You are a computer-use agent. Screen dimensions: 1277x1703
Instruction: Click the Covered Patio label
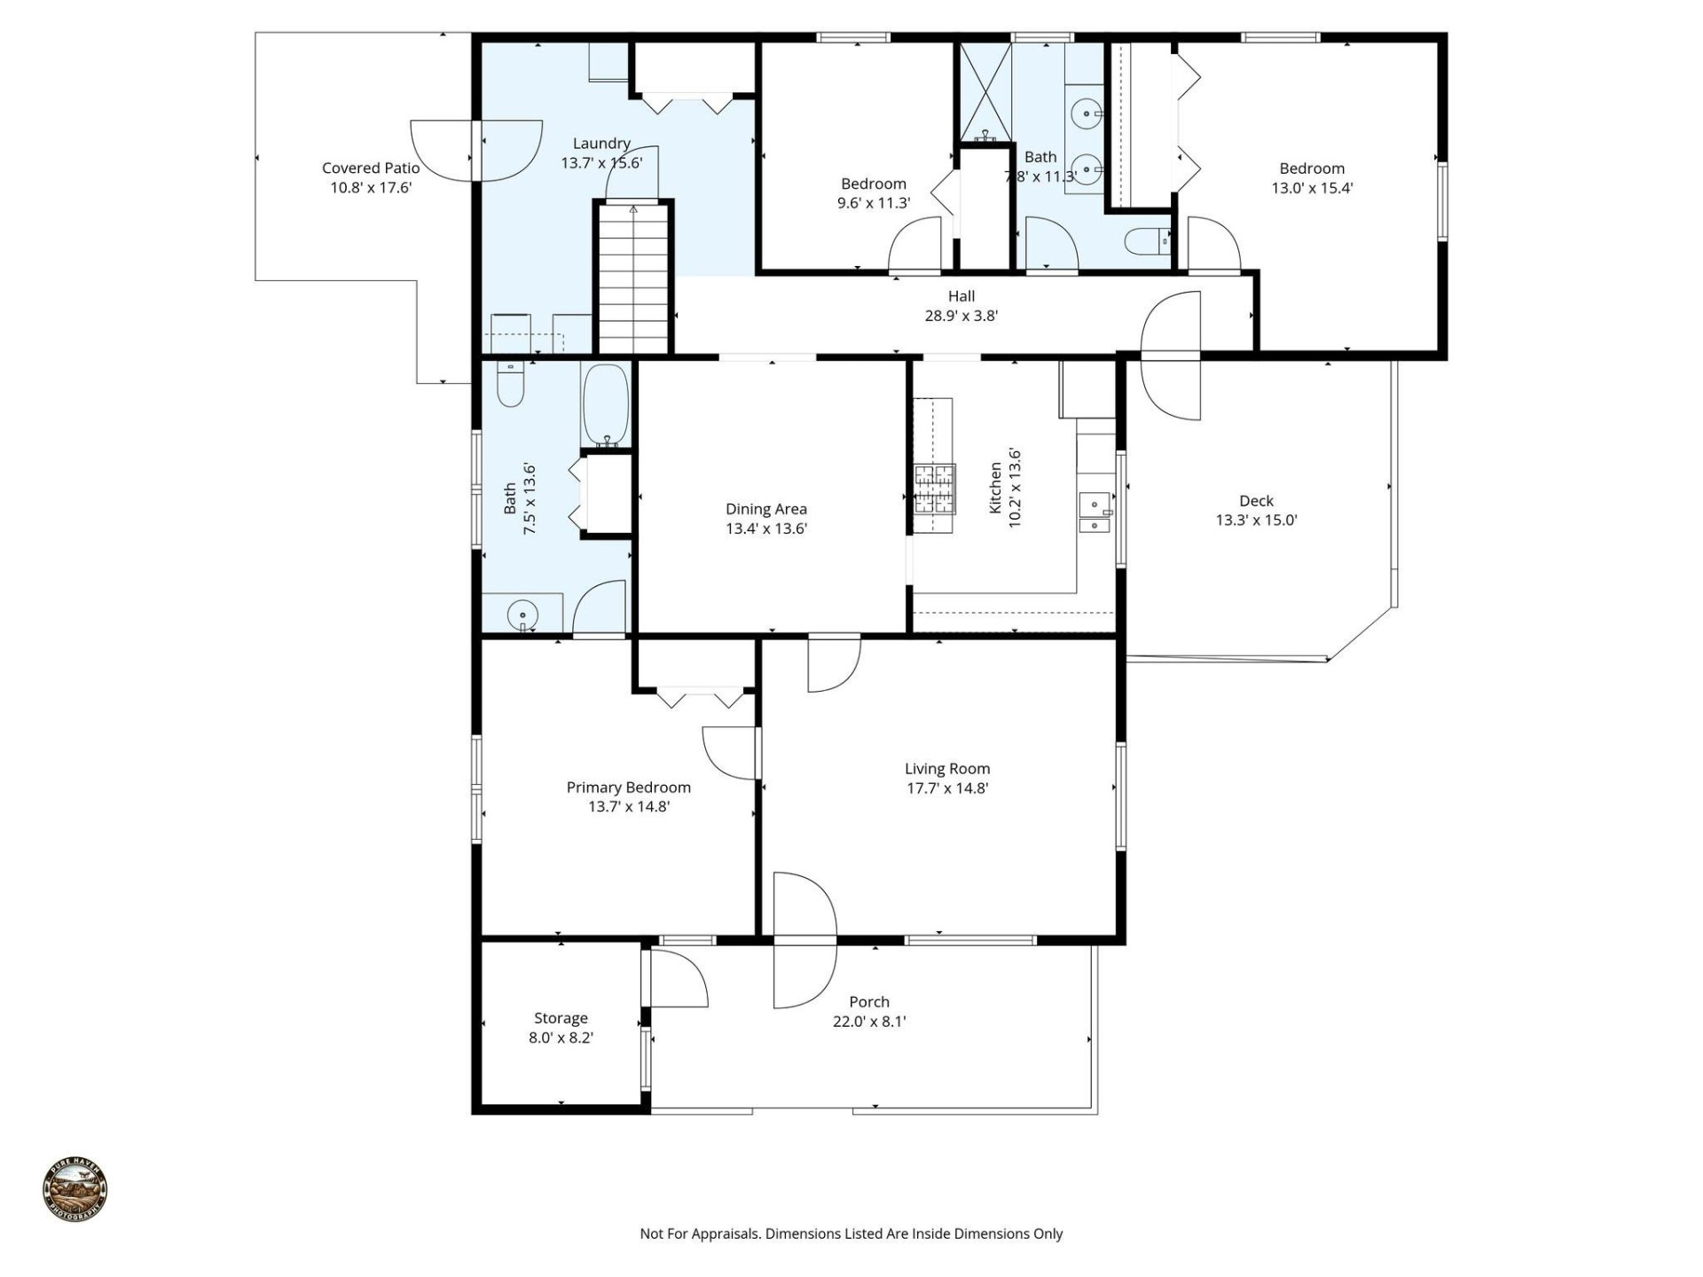click(x=371, y=168)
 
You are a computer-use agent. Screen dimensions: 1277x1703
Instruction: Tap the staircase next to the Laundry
click(x=633, y=279)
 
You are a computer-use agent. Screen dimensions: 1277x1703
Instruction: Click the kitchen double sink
click(x=1096, y=513)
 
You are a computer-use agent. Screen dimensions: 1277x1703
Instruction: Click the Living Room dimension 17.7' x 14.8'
click(x=947, y=788)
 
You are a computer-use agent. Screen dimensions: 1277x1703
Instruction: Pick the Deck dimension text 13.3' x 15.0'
click(x=1256, y=521)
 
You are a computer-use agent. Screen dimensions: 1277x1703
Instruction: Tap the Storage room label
click(x=561, y=1018)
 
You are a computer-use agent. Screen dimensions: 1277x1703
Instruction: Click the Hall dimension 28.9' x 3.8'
click(x=961, y=316)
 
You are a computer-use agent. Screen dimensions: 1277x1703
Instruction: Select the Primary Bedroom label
click(x=628, y=787)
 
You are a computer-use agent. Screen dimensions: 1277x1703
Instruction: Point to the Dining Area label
click(x=766, y=509)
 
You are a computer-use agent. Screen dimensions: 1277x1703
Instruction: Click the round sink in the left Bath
click(x=522, y=614)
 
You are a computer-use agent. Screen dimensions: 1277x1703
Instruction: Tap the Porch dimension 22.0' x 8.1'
click(x=869, y=1022)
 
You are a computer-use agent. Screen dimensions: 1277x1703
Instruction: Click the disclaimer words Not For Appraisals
click(x=700, y=1234)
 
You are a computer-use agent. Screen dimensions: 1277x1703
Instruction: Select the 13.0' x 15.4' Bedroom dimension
click(x=1312, y=188)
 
